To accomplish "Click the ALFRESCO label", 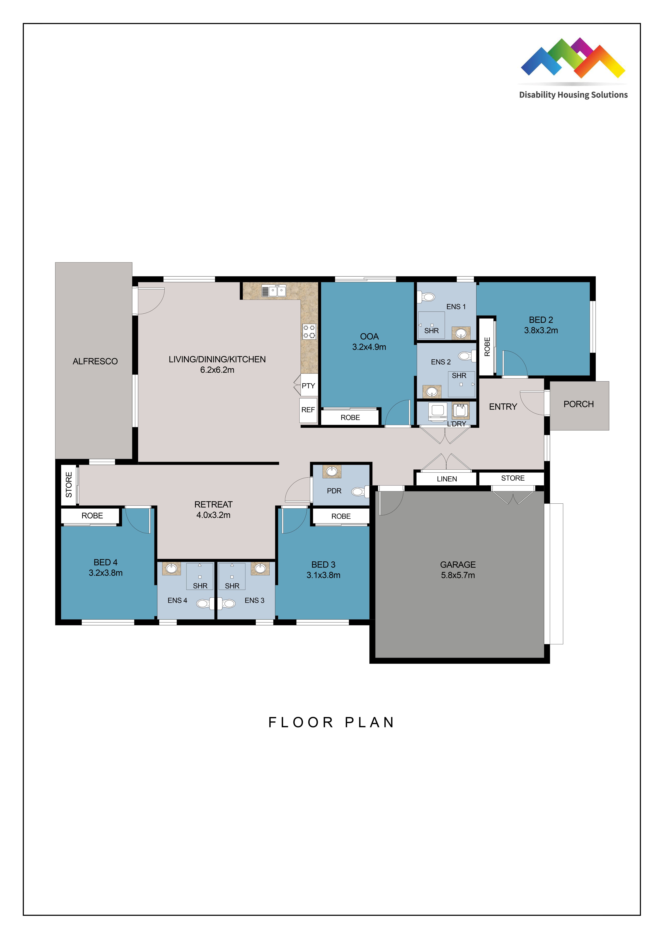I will (95, 361).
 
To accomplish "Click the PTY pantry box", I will (308, 386).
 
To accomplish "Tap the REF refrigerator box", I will (308, 410).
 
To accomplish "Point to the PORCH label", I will (578, 404).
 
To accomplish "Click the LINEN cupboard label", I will (446, 479).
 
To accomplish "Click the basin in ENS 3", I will (260, 568).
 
